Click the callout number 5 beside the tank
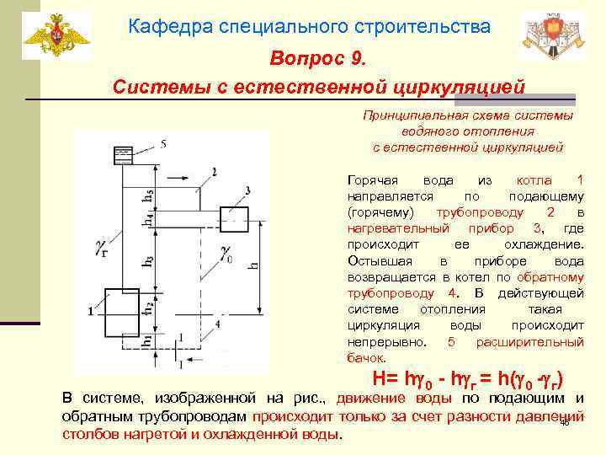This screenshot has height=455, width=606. coord(162,144)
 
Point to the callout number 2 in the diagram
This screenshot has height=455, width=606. coord(215,172)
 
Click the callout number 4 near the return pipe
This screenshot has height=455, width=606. coord(217,323)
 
